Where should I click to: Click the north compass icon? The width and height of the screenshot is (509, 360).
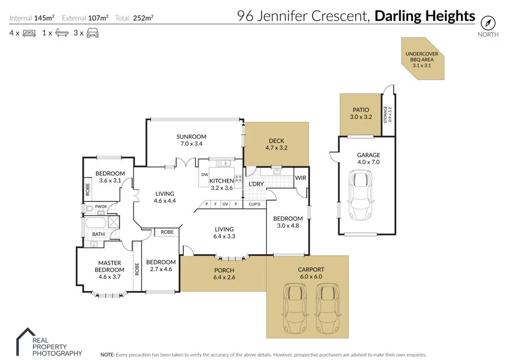click(x=488, y=23)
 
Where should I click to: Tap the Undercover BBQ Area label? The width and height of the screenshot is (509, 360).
click(x=422, y=59)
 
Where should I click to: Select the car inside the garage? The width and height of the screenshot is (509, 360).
click(x=360, y=195)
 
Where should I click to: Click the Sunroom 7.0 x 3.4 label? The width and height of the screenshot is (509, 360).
click(x=191, y=140)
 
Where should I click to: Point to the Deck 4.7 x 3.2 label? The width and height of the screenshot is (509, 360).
click(x=276, y=144)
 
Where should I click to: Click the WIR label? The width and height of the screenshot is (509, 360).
click(x=301, y=178)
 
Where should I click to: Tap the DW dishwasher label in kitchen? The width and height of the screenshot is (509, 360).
click(x=205, y=174)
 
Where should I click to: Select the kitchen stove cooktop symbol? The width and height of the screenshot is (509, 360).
click(x=239, y=178)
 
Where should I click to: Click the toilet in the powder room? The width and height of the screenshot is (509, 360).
click(x=88, y=209)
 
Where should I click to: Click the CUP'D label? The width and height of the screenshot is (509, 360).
click(x=255, y=204)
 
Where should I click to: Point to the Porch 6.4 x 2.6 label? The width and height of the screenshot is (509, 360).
click(x=224, y=273)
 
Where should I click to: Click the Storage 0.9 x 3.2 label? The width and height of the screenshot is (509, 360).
click(x=387, y=115)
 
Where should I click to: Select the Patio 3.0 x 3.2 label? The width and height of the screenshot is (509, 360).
click(x=361, y=113)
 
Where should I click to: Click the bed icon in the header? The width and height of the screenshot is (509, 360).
click(x=29, y=33)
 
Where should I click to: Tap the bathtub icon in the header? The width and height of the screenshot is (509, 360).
click(x=62, y=33)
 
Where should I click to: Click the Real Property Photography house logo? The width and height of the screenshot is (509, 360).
click(x=26, y=341)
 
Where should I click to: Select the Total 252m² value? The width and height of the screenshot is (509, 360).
click(x=143, y=18)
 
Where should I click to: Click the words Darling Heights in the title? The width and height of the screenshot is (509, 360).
click(x=425, y=16)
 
